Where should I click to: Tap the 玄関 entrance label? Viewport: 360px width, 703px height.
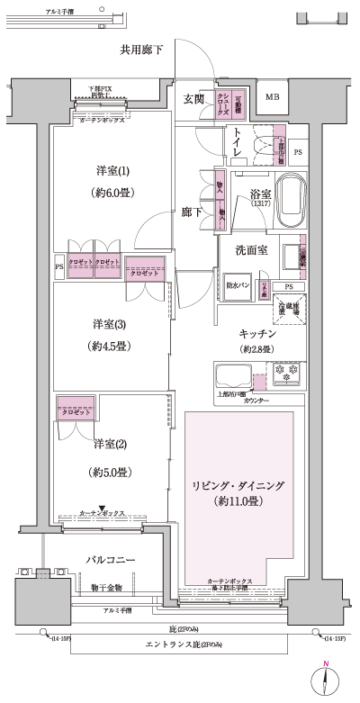(x=193, y=99)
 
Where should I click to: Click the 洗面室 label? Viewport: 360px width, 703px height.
(x=254, y=249)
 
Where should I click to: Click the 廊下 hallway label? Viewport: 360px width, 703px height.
(x=191, y=211)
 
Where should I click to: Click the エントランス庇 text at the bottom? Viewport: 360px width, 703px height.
(x=174, y=645)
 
